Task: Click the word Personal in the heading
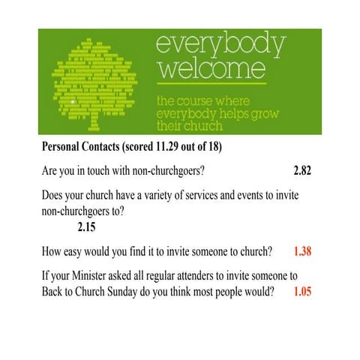(62, 145)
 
